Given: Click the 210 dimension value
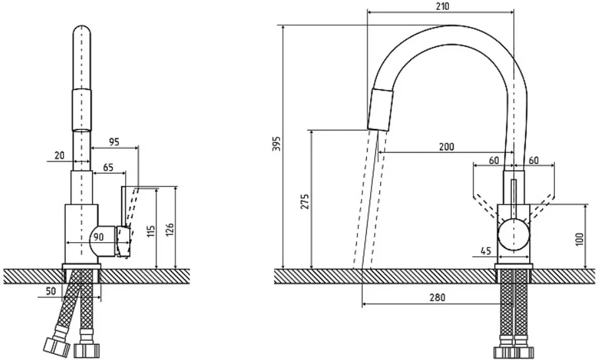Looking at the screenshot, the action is click(442, 7).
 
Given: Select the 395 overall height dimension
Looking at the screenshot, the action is click(277, 143).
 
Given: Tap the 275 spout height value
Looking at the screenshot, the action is click(305, 202).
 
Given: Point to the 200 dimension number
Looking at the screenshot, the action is click(446, 147).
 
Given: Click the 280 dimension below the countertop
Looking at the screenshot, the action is click(437, 297).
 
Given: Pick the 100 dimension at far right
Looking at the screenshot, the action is click(579, 240).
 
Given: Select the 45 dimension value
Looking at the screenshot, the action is click(485, 251).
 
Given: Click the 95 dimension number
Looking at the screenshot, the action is click(114, 142).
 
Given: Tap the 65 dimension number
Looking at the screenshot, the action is click(109, 167).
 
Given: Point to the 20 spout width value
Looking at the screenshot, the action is click(60, 156).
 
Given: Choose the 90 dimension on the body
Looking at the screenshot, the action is click(99, 237).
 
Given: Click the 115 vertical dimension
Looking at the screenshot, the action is click(152, 231).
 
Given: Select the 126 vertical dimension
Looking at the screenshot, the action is click(170, 230).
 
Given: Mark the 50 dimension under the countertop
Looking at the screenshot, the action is click(51, 291).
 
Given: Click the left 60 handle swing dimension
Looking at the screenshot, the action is click(494, 160).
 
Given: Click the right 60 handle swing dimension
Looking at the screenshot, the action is click(534, 160).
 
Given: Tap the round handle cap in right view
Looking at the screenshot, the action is click(513, 235).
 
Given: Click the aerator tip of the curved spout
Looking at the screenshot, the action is click(381, 110).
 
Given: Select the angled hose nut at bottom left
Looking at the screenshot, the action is click(56, 346).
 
